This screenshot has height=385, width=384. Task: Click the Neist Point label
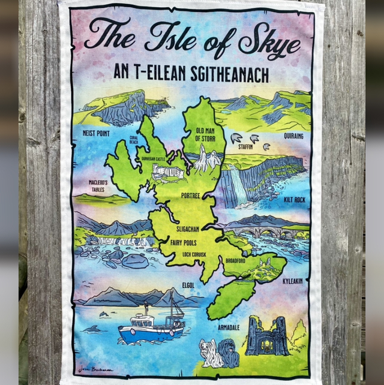95,133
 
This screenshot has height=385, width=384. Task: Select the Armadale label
228,327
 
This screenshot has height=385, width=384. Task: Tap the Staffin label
245,146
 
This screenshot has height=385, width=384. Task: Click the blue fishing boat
149,329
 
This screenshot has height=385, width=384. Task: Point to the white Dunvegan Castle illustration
167,172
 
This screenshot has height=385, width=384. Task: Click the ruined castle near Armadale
267,337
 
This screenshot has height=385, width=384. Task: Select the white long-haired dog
211,353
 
